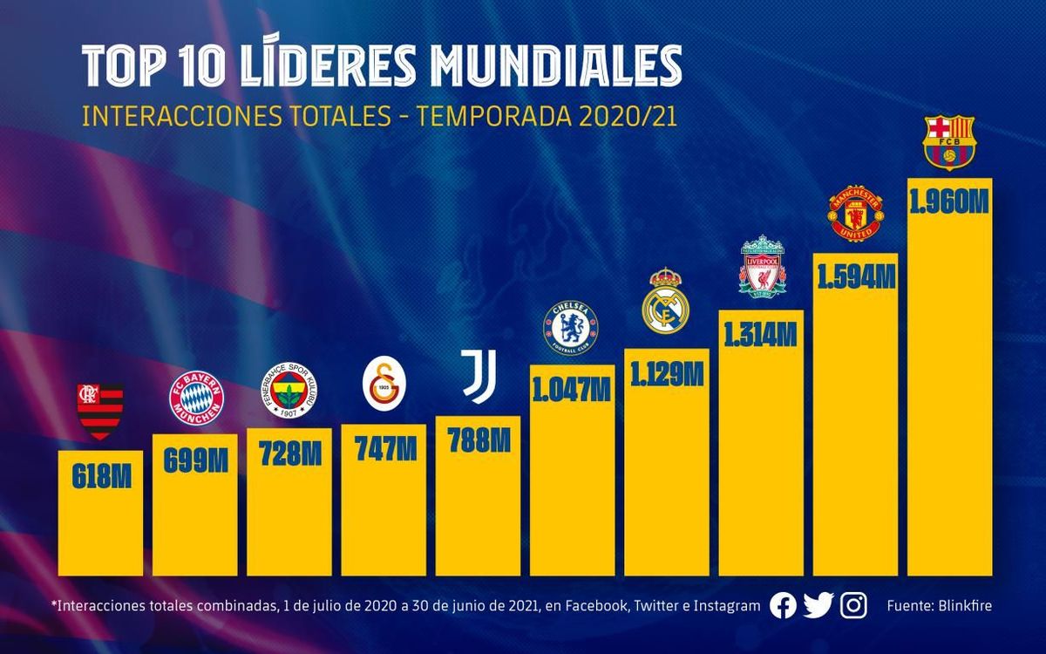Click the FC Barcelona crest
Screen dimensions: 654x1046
[x=949, y=144]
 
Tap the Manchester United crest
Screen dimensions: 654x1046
[x=854, y=214]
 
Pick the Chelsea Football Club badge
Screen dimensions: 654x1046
[x=571, y=327]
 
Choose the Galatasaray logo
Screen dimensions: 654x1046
[x=383, y=388]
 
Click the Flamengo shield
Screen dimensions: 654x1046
[x=100, y=411]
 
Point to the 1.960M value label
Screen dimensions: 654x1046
[x=949, y=202]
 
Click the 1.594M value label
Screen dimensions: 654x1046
[x=855, y=276]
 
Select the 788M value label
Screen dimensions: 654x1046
[x=478, y=439]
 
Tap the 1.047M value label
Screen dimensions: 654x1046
[x=572, y=387]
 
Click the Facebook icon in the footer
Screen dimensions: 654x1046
[x=783, y=606]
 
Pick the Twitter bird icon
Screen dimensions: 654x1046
[x=818, y=606]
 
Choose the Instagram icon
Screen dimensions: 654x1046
[x=854, y=606]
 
